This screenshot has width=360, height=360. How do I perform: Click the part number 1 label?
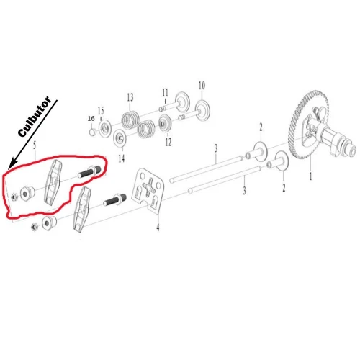coord(311,175)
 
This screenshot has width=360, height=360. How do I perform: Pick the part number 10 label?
coord(202,85)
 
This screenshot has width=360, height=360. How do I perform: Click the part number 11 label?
coord(165,92)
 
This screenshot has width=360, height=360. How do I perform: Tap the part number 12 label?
coord(168,143)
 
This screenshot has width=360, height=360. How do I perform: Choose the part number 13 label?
coord(130,97)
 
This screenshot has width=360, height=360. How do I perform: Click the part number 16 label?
coord(91,117)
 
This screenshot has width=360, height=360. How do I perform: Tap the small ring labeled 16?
coord(92,132)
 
